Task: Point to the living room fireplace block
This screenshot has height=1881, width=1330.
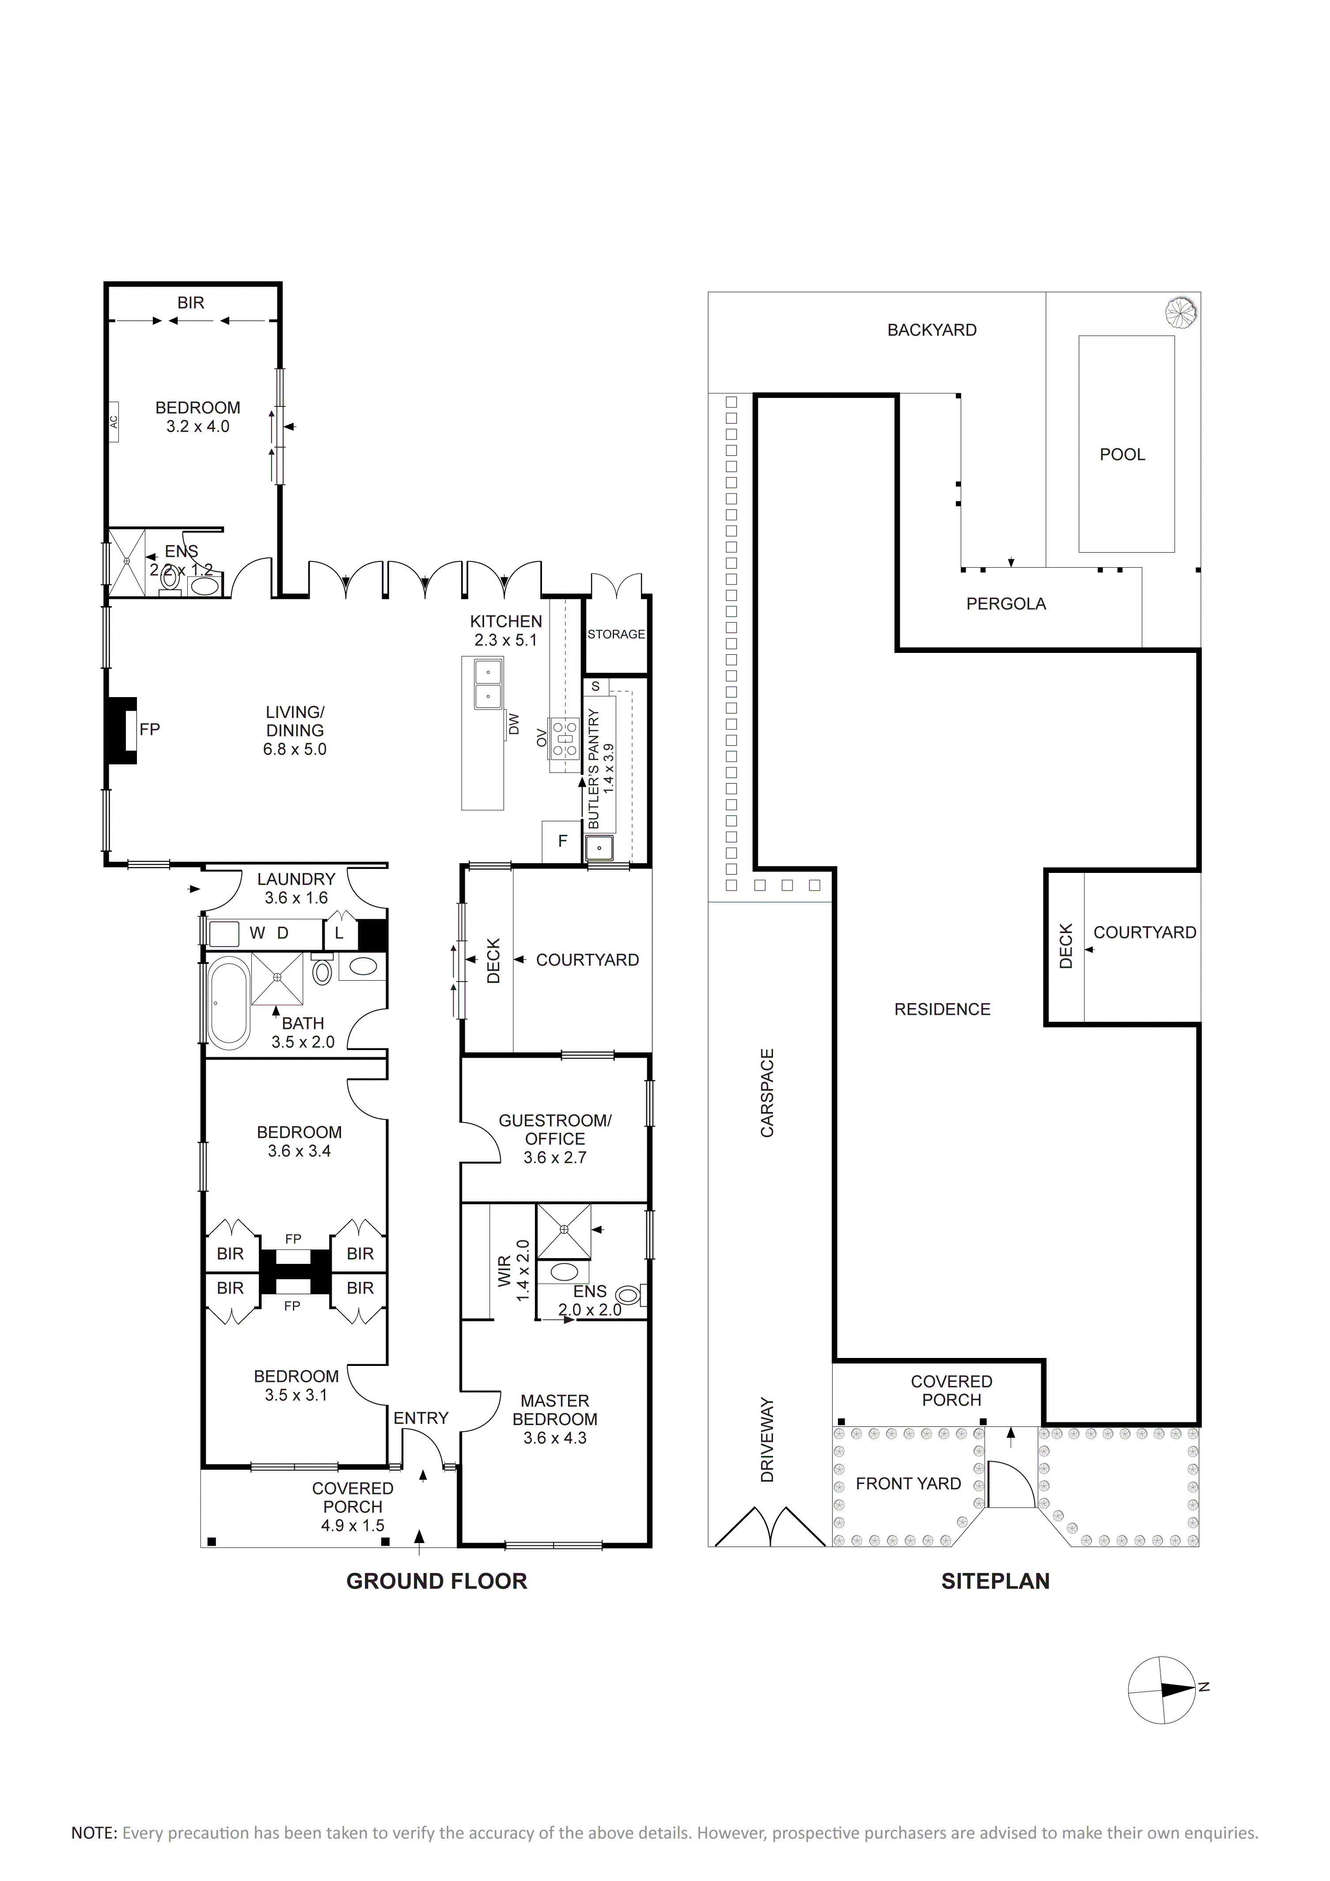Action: [x=121, y=731]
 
